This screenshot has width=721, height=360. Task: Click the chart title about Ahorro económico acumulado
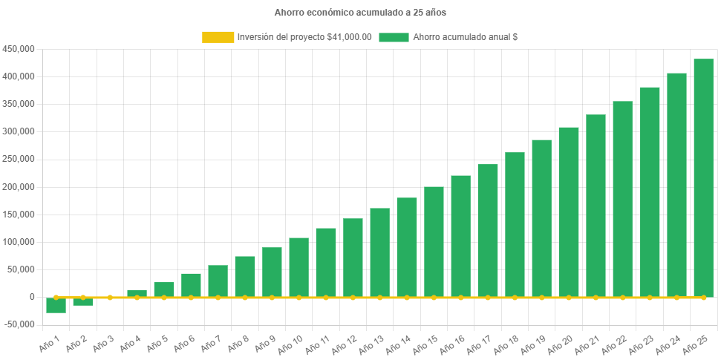click(360, 13)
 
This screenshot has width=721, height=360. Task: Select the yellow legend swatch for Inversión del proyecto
click(218, 37)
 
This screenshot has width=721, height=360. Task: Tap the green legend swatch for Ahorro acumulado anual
click(394, 37)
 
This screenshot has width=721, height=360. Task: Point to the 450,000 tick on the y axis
click(19, 49)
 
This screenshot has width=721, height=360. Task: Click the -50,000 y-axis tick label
click(19, 324)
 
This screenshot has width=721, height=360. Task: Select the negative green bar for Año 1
click(56, 305)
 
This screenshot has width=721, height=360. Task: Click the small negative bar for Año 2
click(82, 301)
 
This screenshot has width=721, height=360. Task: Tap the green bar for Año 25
click(703, 178)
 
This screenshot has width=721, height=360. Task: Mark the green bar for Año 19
click(541, 218)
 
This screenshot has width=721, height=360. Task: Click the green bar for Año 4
click(137, 293)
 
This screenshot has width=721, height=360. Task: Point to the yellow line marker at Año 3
click(110, 297)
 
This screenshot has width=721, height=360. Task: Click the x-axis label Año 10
click(290, 343)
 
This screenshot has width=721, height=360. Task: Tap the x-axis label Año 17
click(479, 343)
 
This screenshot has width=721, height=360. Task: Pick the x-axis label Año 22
click(614, 343)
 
